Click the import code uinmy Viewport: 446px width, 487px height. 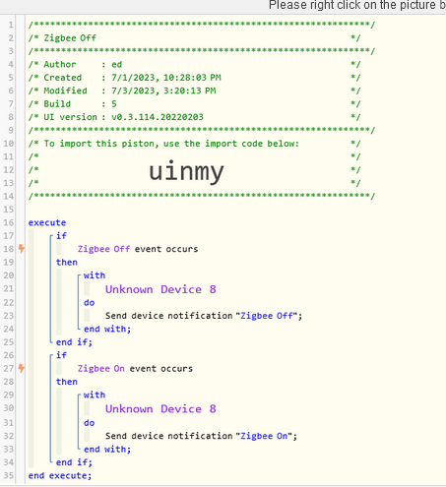tap(186, 172)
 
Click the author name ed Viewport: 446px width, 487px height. tap(117, 64)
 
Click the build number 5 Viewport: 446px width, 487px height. tap(114, 104)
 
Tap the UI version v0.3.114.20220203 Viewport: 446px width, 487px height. tap(158, 117)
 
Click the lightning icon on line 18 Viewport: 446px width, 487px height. tap(22, 249)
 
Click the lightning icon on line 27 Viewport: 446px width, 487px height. tap(22, 368)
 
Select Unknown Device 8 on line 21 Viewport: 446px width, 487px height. tap(160, 289)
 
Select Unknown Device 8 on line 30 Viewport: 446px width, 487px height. tap(160, 409)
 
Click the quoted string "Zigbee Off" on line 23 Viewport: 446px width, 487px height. tap(267, 316)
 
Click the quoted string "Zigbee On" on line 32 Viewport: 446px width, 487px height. tap(264, 436)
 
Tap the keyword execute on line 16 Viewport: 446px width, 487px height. tap(47, 222)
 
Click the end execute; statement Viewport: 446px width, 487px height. tap(60, 475)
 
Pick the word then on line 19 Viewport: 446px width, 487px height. tap(67, 263)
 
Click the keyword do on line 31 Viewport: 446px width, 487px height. tap(89, 423)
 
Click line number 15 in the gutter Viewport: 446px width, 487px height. tap(9, 210)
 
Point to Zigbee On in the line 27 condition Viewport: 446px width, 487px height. tap(101, 369)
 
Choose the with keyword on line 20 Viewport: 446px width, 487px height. tap(95, 275)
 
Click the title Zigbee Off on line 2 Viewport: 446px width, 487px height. tap(70, 38)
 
